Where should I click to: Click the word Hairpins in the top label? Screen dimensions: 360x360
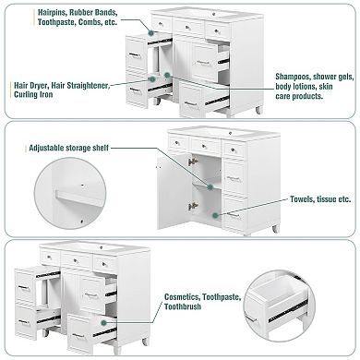(x=52, y=13)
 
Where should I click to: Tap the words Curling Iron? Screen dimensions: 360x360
(x=33, y=94)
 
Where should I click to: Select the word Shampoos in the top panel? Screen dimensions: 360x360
(x=293, y=77)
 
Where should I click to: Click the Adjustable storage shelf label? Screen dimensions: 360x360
(x=68, y=148)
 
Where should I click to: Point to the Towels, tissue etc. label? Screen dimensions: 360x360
(x=320, y=199)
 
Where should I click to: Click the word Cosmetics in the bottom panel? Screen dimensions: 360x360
(x=182, y=297)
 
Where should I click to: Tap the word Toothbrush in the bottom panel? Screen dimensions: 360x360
(x=183, y=306)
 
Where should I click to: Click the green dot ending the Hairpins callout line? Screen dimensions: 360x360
(x=150, y=32)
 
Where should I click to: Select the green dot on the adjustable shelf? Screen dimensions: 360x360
(x=210, y=186)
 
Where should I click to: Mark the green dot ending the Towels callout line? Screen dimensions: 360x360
(x=216, y=215)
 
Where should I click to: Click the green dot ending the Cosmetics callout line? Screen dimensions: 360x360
(x=103, y=322)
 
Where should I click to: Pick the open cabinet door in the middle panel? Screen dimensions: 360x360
(x=173, y=192)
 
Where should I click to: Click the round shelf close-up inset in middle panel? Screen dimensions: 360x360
(x=70, y=193)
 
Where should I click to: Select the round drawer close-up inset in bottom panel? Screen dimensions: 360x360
(x=280, y=306)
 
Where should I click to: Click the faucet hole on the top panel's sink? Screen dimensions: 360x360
(x=215, y=14)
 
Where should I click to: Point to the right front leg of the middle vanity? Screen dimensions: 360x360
(x=275, y=229)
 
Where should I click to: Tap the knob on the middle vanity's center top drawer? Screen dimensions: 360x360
(x=206, y=145)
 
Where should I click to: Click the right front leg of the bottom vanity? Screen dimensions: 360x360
(x=145, y=342)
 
